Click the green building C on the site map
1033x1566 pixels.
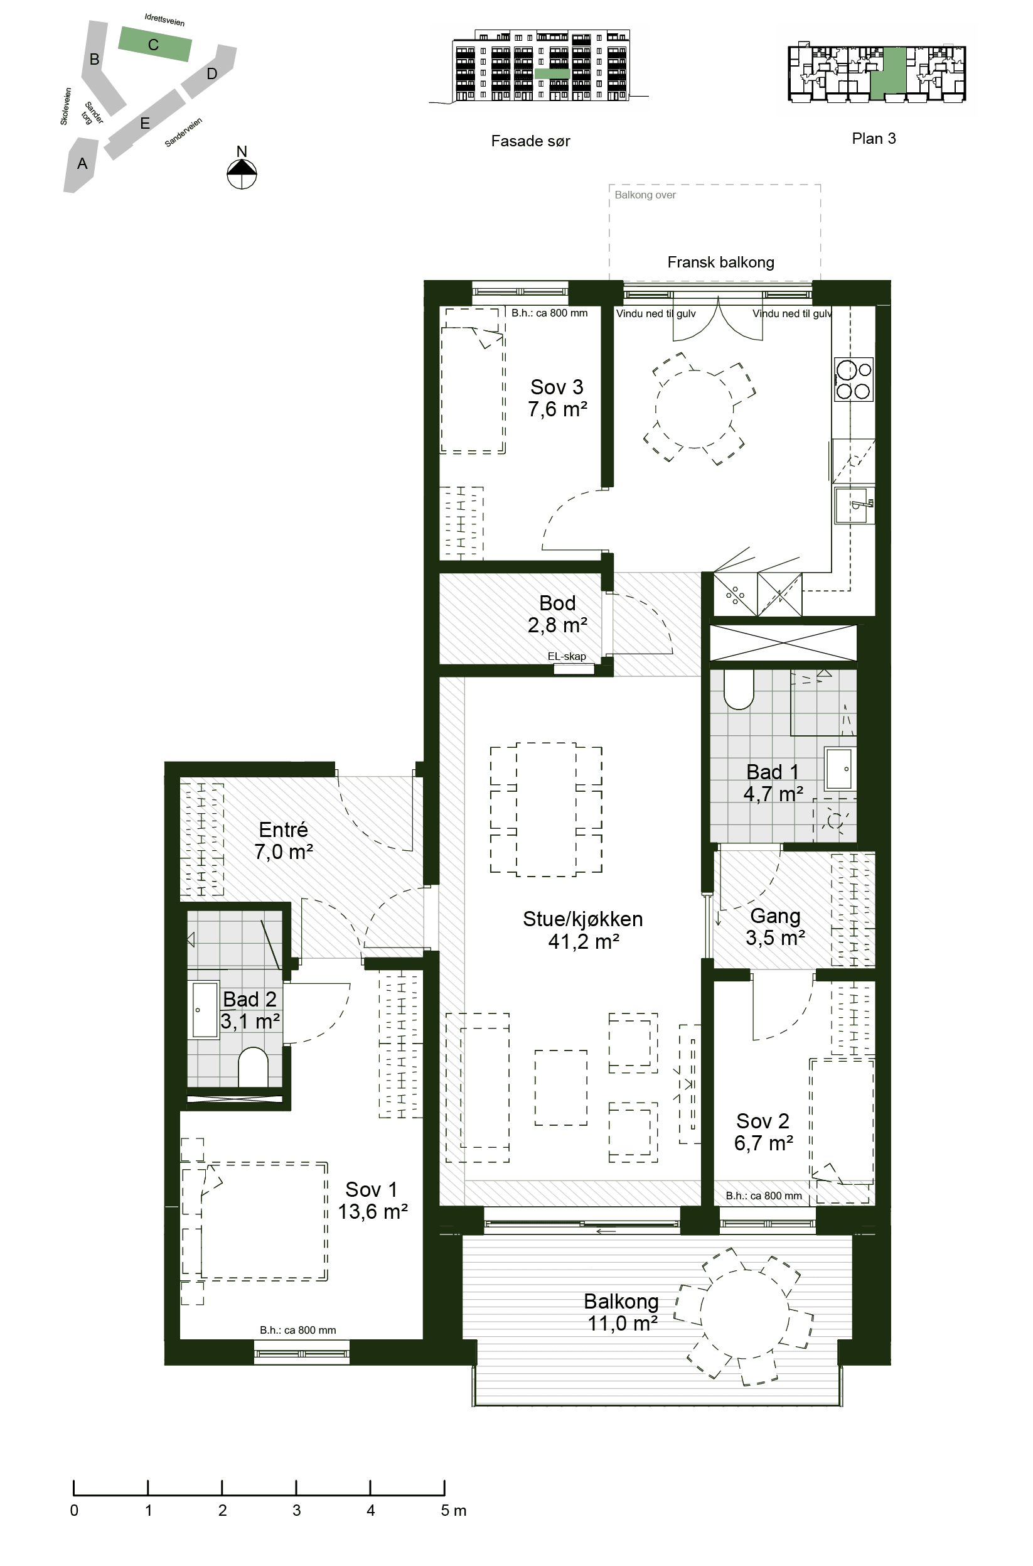pyautogui.click(x=155, y=44)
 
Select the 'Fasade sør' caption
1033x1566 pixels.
pyautogui.click(x=530, y=141)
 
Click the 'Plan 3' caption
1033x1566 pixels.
pyautogui.click(x=874, y=138)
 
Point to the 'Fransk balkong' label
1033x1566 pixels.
pyautogui.click(x=720, y=262)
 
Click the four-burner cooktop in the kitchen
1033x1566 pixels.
pyautogui.click(x=854, y=379)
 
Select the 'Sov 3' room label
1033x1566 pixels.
pyautogui.click(x=557, y=386)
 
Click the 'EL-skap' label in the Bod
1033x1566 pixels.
pyautogui.click(x=567, y=656)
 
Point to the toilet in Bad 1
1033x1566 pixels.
pyautogui.click(x=739, y=689)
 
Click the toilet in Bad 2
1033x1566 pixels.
pyautogui.click(x=253, y=1066)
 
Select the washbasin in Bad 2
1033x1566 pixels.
pyautogui.click(x=205, y=1010)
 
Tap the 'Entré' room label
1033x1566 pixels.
pyautogui.click(x=283, y=829)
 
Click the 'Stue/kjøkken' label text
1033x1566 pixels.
pyautogui.click(x=582, y=918)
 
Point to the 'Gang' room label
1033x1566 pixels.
pyautogui.click(x=776, y=915)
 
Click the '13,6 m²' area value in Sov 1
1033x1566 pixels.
pyautogui.click(x=373, y=1211)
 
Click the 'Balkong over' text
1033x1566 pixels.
pyautogui.click(x=645, y=195)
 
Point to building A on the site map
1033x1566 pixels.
pyautogui.click(x=81, y=165)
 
